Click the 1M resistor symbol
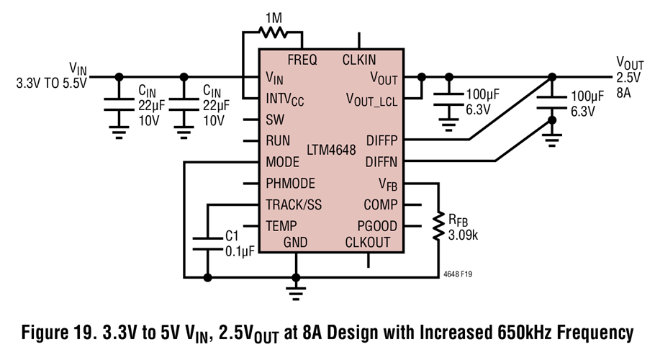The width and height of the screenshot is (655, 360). [273, 32]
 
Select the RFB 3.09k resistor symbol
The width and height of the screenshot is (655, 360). [438, 225]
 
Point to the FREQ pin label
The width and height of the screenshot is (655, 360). [302, 60]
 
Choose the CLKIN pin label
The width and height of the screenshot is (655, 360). [358, 60]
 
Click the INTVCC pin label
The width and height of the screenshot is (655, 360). [284, 99]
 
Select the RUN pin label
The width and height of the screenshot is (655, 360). [278, 140]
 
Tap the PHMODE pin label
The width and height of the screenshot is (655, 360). [290, 183]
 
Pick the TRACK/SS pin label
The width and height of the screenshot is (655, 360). [294, 204]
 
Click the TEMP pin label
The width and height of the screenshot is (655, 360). [281, 225]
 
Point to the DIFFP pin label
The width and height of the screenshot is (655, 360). [381, 140]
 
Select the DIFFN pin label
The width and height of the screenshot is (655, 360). [381, 161]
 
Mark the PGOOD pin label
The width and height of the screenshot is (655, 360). [377, 225]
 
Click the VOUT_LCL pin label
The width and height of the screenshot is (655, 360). [371, 98]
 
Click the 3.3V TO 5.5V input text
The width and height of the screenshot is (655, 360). [51, 83]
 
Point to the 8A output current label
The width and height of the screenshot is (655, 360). [623, 94]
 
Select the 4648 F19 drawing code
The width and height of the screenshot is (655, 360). [458, 274]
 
